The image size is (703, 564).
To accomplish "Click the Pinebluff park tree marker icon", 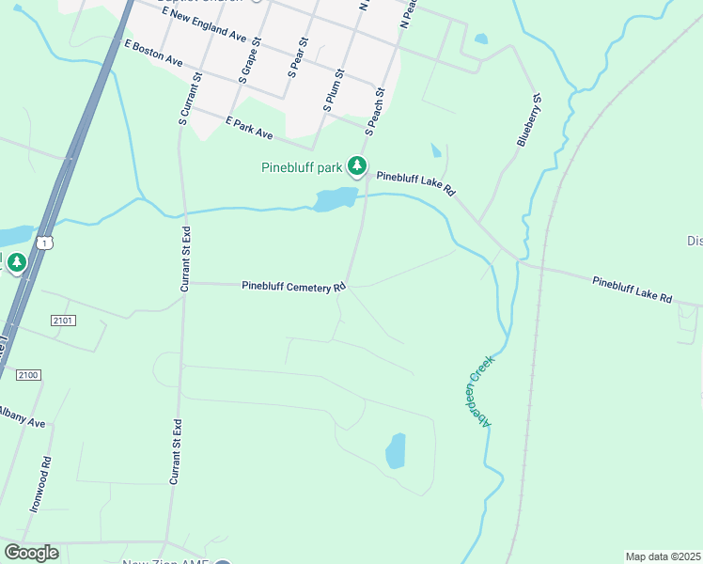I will pos(357,166).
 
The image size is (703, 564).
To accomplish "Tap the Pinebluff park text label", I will pos(301,168).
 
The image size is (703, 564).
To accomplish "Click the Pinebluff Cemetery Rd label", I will pos(293,287).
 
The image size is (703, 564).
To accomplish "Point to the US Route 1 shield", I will pos(46,243).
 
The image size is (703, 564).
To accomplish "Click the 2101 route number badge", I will pos(63,321).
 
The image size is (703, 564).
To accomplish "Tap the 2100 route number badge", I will pos(28,375).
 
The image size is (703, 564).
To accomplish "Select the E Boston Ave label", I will pos(153,53).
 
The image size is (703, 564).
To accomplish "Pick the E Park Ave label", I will pos(249,128).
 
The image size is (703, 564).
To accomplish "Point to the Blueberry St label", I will pos(529,118).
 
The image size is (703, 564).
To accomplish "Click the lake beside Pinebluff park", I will pos(336,199).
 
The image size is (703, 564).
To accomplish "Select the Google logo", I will pos(31,553).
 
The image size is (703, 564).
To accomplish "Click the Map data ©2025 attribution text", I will pos(663,556).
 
